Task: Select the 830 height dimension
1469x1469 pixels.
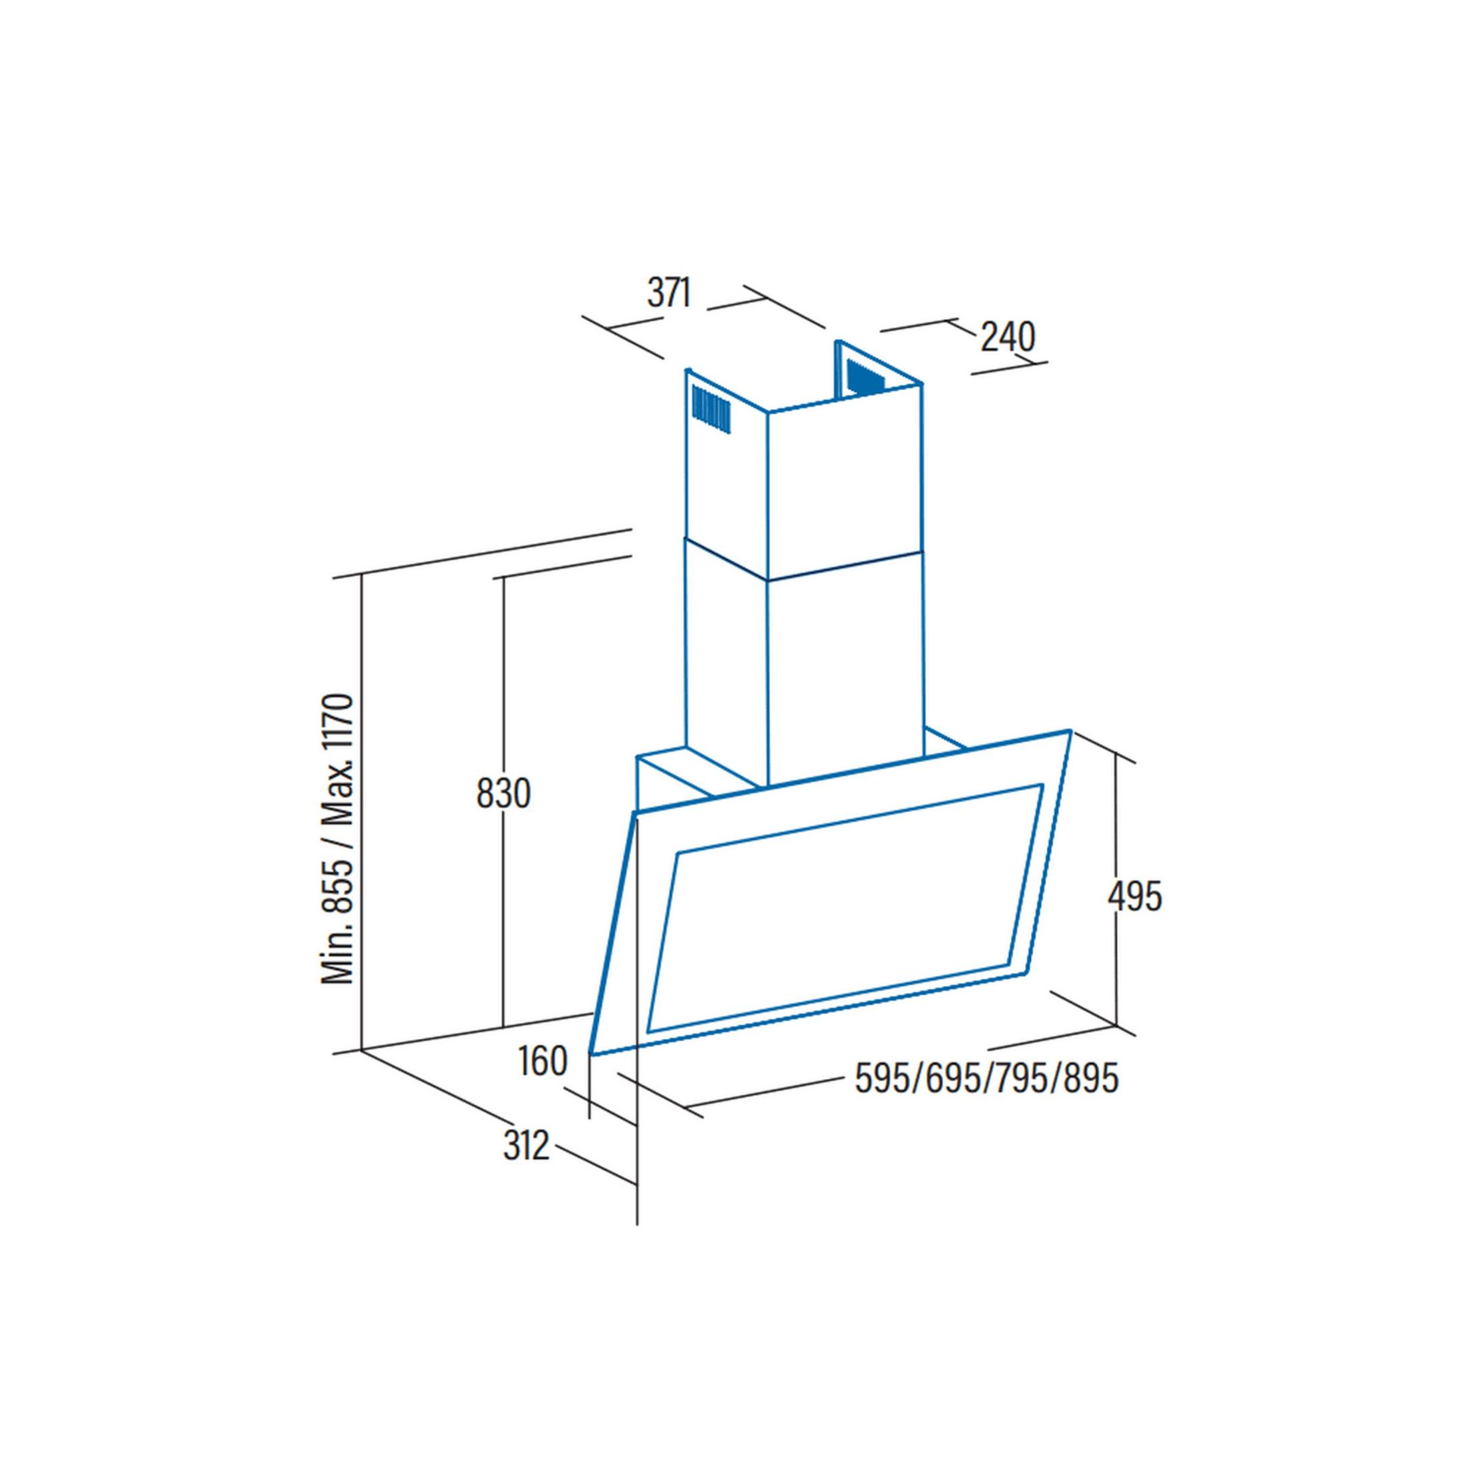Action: tap(503, 794)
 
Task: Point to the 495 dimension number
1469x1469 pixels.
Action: tap(1134, 897)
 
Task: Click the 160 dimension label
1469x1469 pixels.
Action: tap(543, 1062)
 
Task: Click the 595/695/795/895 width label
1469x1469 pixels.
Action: tap(987, 1078)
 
